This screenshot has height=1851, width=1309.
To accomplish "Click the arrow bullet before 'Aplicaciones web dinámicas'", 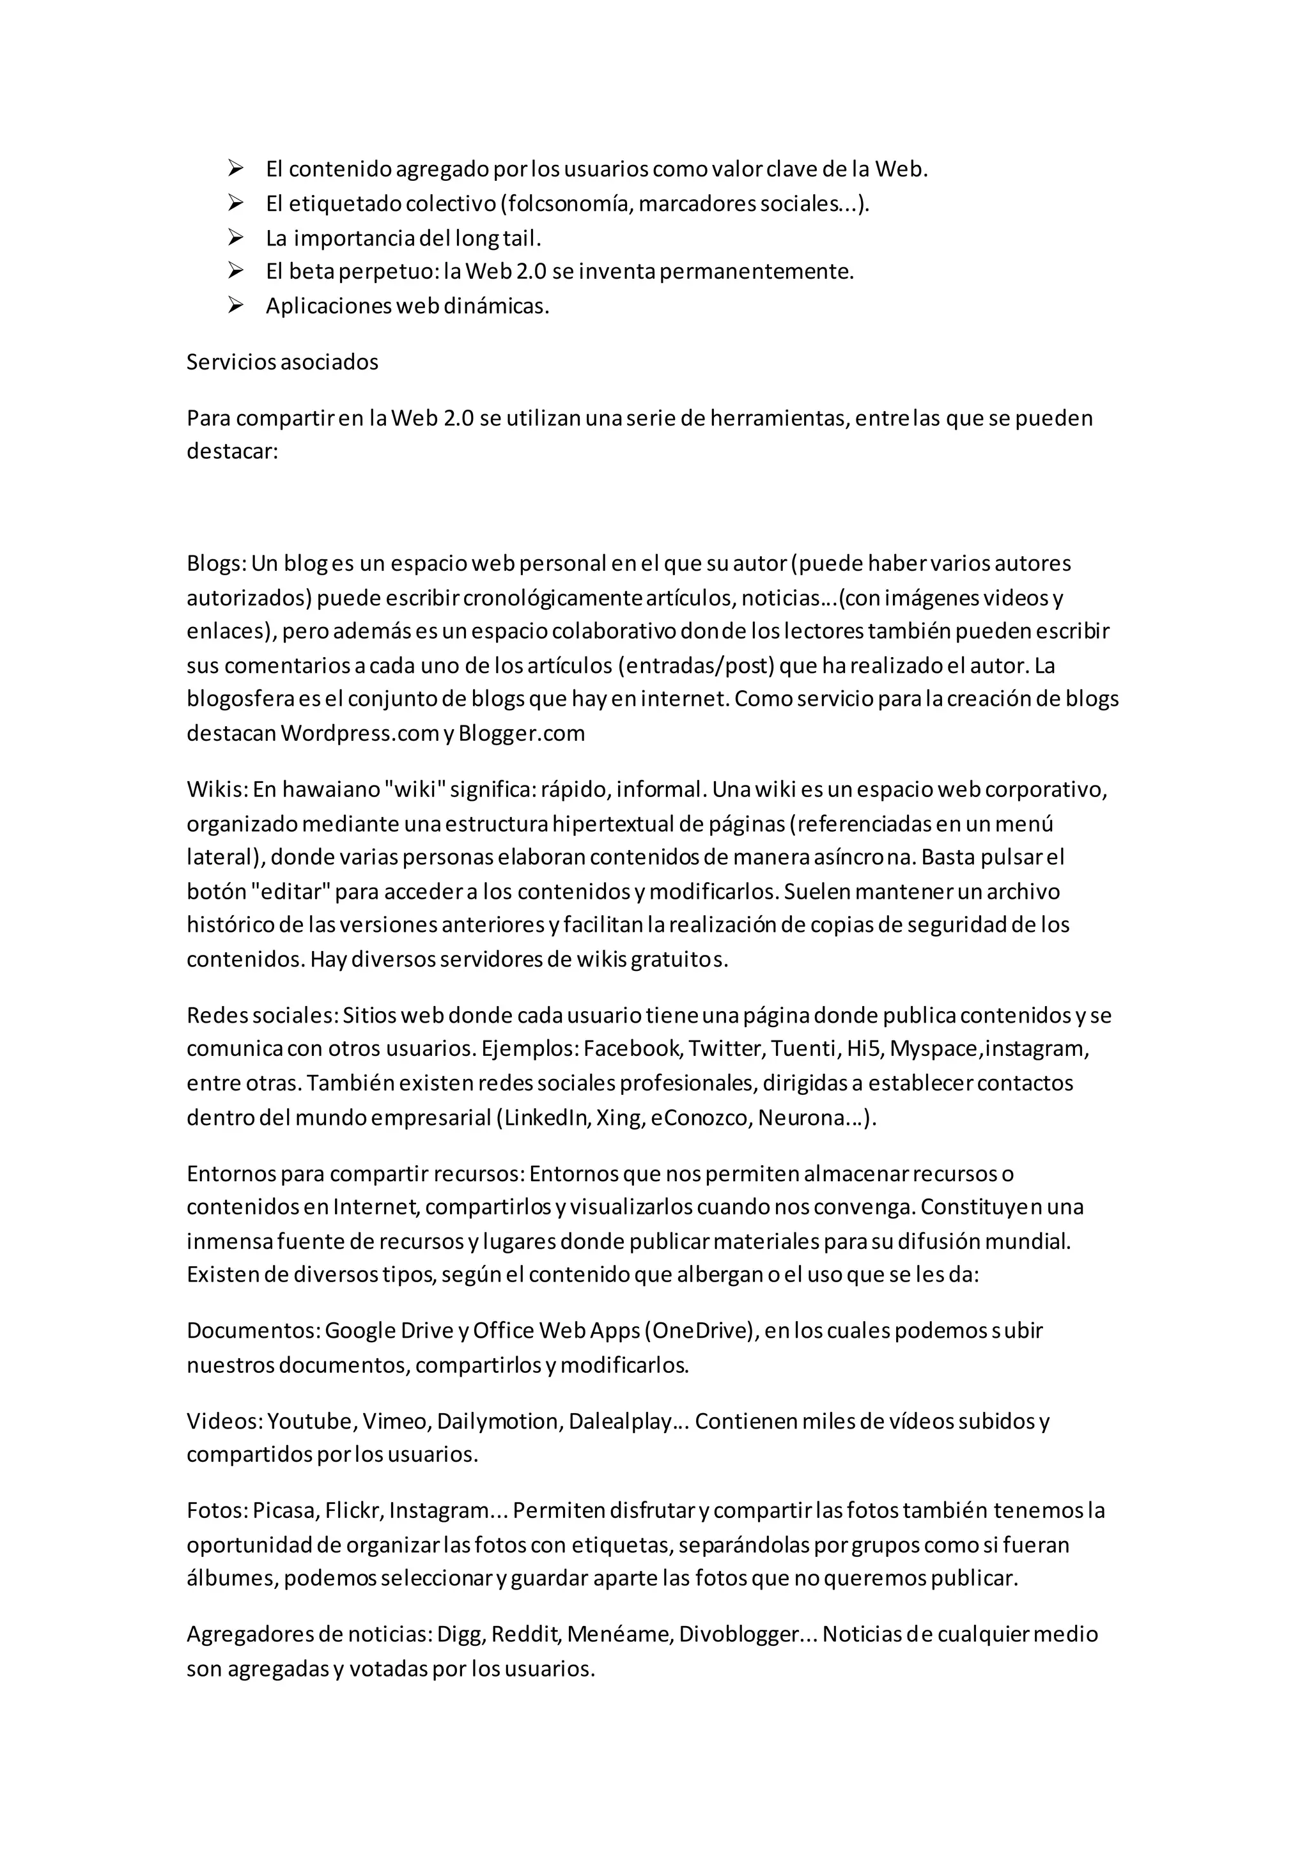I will click(x=235, y=306).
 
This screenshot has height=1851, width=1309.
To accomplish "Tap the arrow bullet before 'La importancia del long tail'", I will click(x=235, y=238).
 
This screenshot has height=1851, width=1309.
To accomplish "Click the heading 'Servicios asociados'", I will click(x=282, y=362).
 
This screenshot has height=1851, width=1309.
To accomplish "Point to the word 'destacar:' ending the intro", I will click(x=232, y=451).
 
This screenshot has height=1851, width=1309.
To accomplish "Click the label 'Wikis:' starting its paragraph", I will click(x=216, y=789).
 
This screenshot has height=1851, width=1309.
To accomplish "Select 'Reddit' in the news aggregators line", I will click(x=525, y=1634).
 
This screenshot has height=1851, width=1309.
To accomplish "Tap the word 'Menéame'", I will click(x=619, y=1634).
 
